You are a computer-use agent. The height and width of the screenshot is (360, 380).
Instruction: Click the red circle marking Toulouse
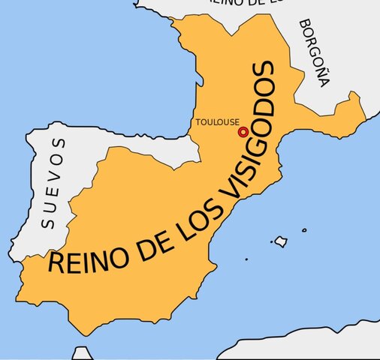coord(243,132)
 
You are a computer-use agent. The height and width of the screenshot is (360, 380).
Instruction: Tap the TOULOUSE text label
coord(217,122)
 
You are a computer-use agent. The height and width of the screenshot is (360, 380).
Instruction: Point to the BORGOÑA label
coord(314,52)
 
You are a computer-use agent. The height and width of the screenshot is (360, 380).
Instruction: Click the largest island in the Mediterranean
coord(281,241)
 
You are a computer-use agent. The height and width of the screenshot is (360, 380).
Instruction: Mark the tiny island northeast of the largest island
coord(305,230)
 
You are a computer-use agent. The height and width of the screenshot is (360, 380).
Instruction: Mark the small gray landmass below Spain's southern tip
coord(80,353)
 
